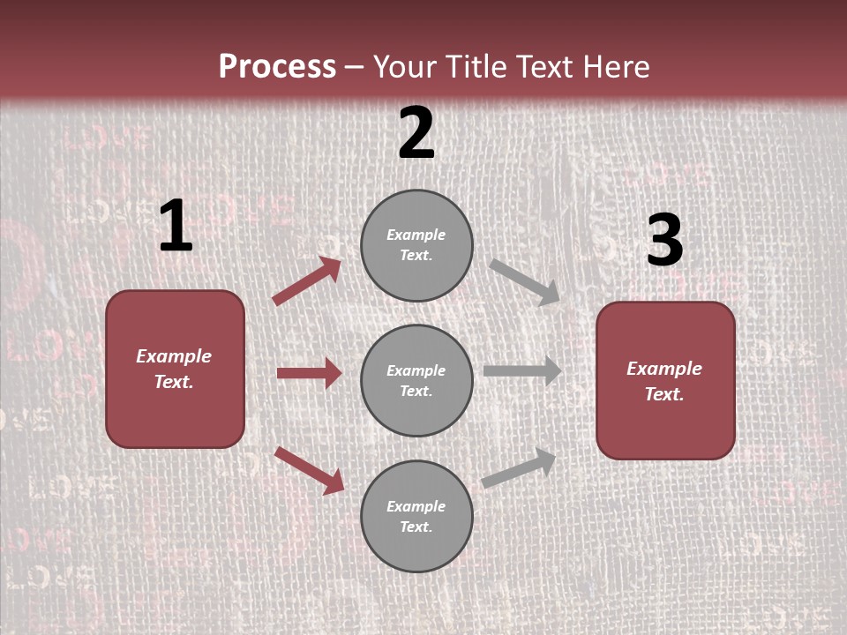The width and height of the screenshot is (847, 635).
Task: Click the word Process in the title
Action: pyautogui.click(x=277, y=67)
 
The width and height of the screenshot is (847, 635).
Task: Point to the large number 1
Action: pyautogui.click(x=176, y=228)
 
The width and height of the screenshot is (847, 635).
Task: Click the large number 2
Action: pyautogui.click(x=416, y=133)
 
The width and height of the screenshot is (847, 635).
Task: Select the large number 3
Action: pyautogui.click(x=664, y=241)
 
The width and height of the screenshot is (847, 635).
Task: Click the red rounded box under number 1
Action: pyautogui.click(x=175, y=369)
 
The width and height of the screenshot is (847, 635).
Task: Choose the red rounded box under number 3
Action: pyautogui.click(x=665, y=381)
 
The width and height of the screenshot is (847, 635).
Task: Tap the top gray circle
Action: pyautogui.click(x=416, y=245)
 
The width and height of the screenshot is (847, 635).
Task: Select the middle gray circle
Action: pyautogui.click(x=416, y=381)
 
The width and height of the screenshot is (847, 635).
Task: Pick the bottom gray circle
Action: pyautogui.click(x=416, y=517)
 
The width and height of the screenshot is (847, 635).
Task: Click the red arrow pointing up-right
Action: pyautogui.click(x=307, y=281)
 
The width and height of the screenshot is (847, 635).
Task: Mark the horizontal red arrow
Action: pyautogui.click(x=309, y=374)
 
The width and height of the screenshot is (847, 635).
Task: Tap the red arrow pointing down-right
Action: pyautogui.click(x=309, y=470)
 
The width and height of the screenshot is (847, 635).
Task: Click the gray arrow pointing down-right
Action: pyautogui.click(x=525, y=281)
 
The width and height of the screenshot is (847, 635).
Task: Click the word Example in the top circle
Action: pyautogui.click(x=416, y=235)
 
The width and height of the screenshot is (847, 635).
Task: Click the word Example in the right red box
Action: pyautogui.click(x=664, y=369)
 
